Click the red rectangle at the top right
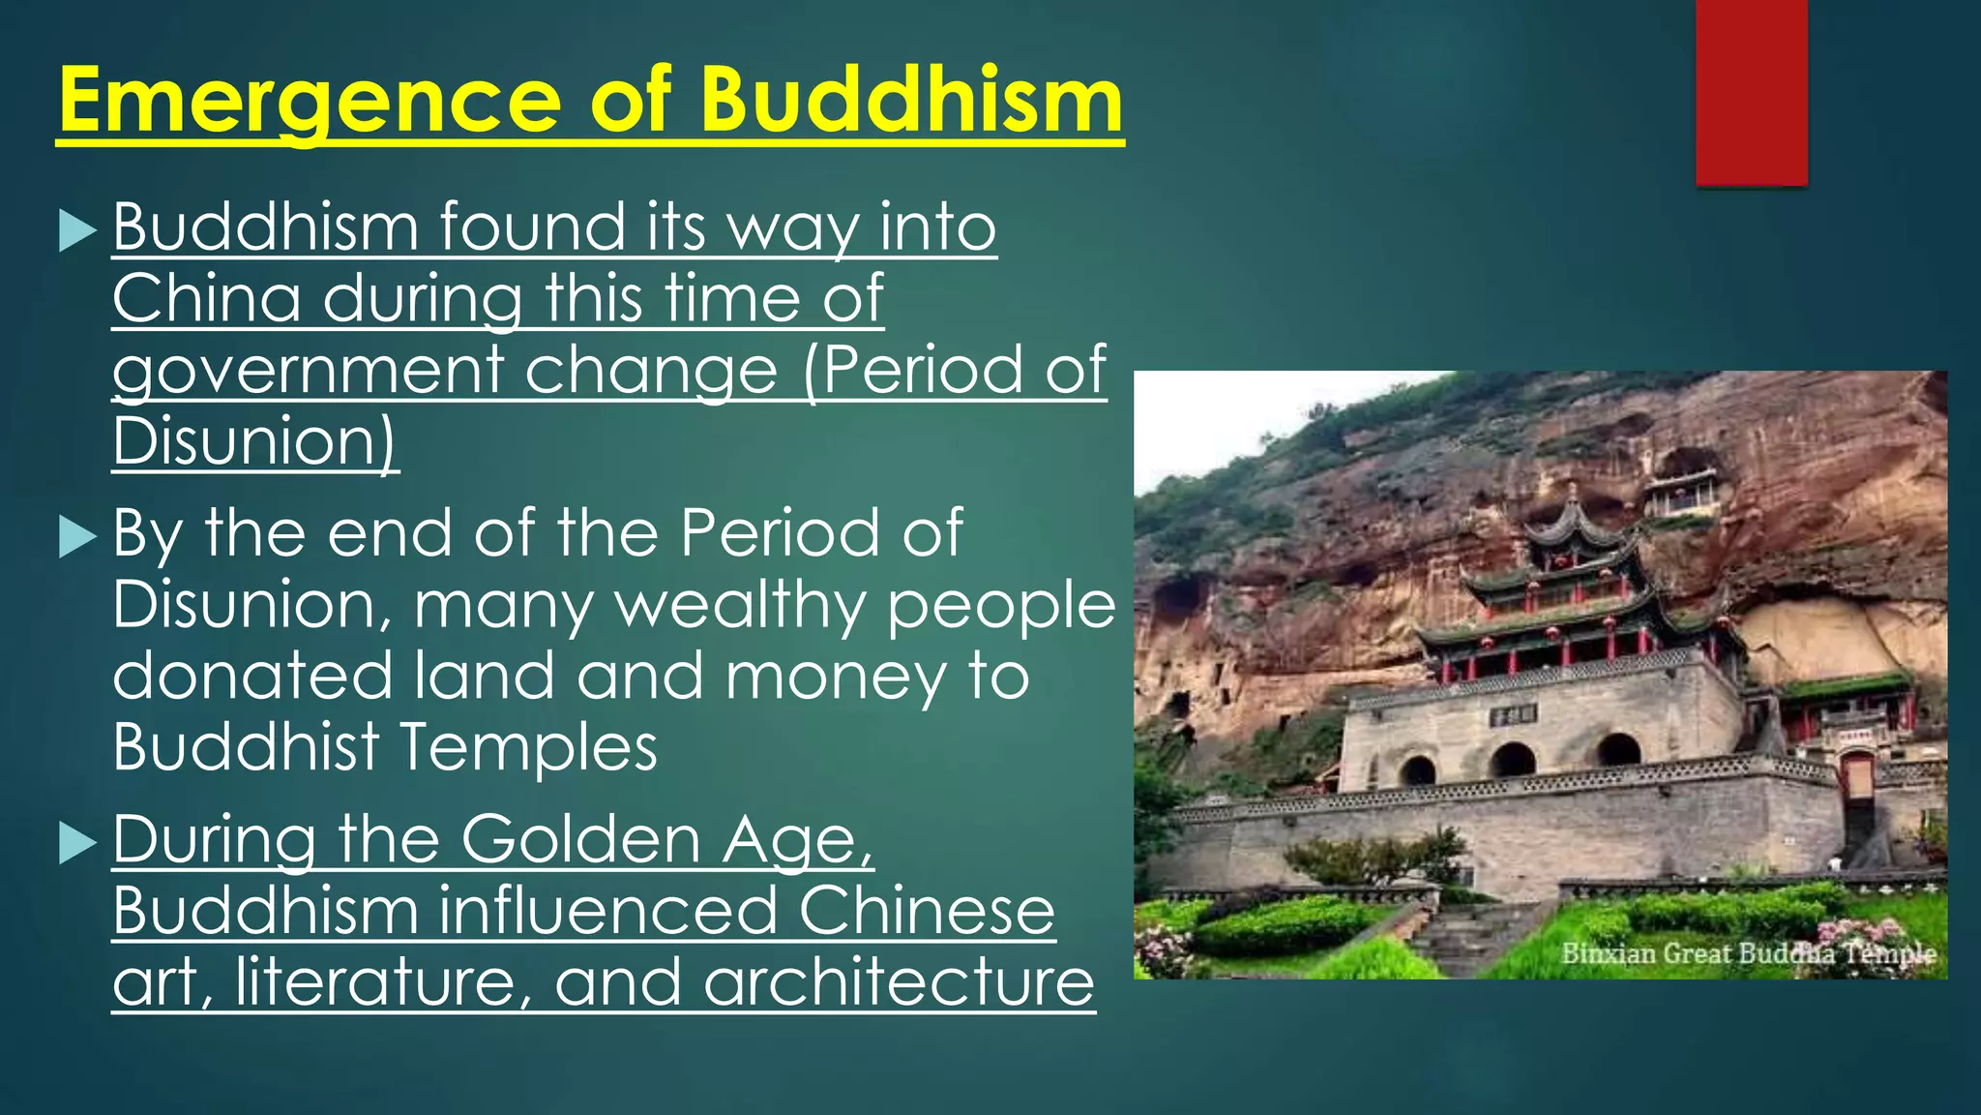[1751, 92]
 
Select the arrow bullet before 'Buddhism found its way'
[77, 231]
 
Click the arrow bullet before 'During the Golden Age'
[77, 843]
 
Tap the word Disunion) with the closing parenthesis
[255, 441]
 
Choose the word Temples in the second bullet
[528, 747]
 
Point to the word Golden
[580, 839]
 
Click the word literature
[383, 981]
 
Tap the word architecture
[899, 981]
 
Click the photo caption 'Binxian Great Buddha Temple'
[1748, 954]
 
